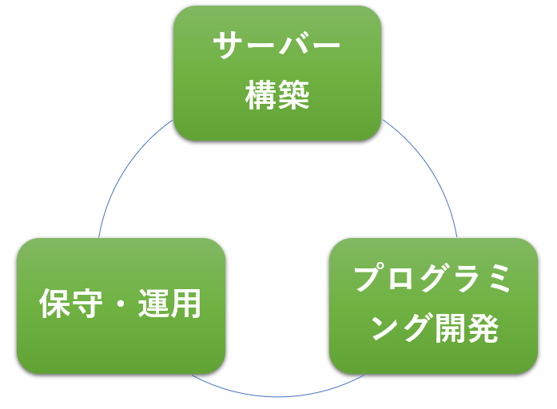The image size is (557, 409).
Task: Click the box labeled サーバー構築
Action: point(277,73)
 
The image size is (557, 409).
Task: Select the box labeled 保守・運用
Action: point(121,306)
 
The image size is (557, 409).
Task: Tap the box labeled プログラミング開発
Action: point(433,306)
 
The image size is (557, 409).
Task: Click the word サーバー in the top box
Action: point(277,45)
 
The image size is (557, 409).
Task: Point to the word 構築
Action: point(277,95)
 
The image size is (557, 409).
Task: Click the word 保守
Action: point(71,304)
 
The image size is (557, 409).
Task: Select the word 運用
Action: point(169,304)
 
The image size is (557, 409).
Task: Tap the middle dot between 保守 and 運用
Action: point(121,304)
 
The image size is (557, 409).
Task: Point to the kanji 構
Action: point(261,95)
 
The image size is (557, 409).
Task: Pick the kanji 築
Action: point(293,95)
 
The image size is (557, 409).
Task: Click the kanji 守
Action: point(87,304)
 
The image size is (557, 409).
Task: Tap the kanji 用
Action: point(185,304)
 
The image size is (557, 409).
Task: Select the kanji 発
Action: point(483,328)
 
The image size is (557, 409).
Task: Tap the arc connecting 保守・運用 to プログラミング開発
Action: point(278,396)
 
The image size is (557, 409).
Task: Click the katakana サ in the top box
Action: point(227,45)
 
